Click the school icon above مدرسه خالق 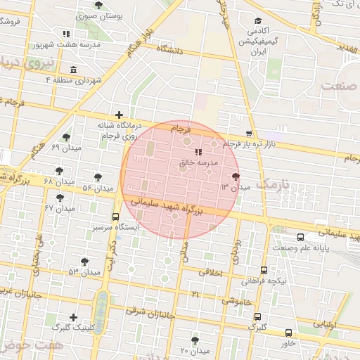[198, 151]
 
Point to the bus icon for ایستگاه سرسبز [115, 217]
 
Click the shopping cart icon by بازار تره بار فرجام [248, 134]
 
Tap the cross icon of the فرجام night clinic [119, 115]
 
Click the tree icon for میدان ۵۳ [84, 261]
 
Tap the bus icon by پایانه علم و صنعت [300, 237]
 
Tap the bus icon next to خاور [288, 333]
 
